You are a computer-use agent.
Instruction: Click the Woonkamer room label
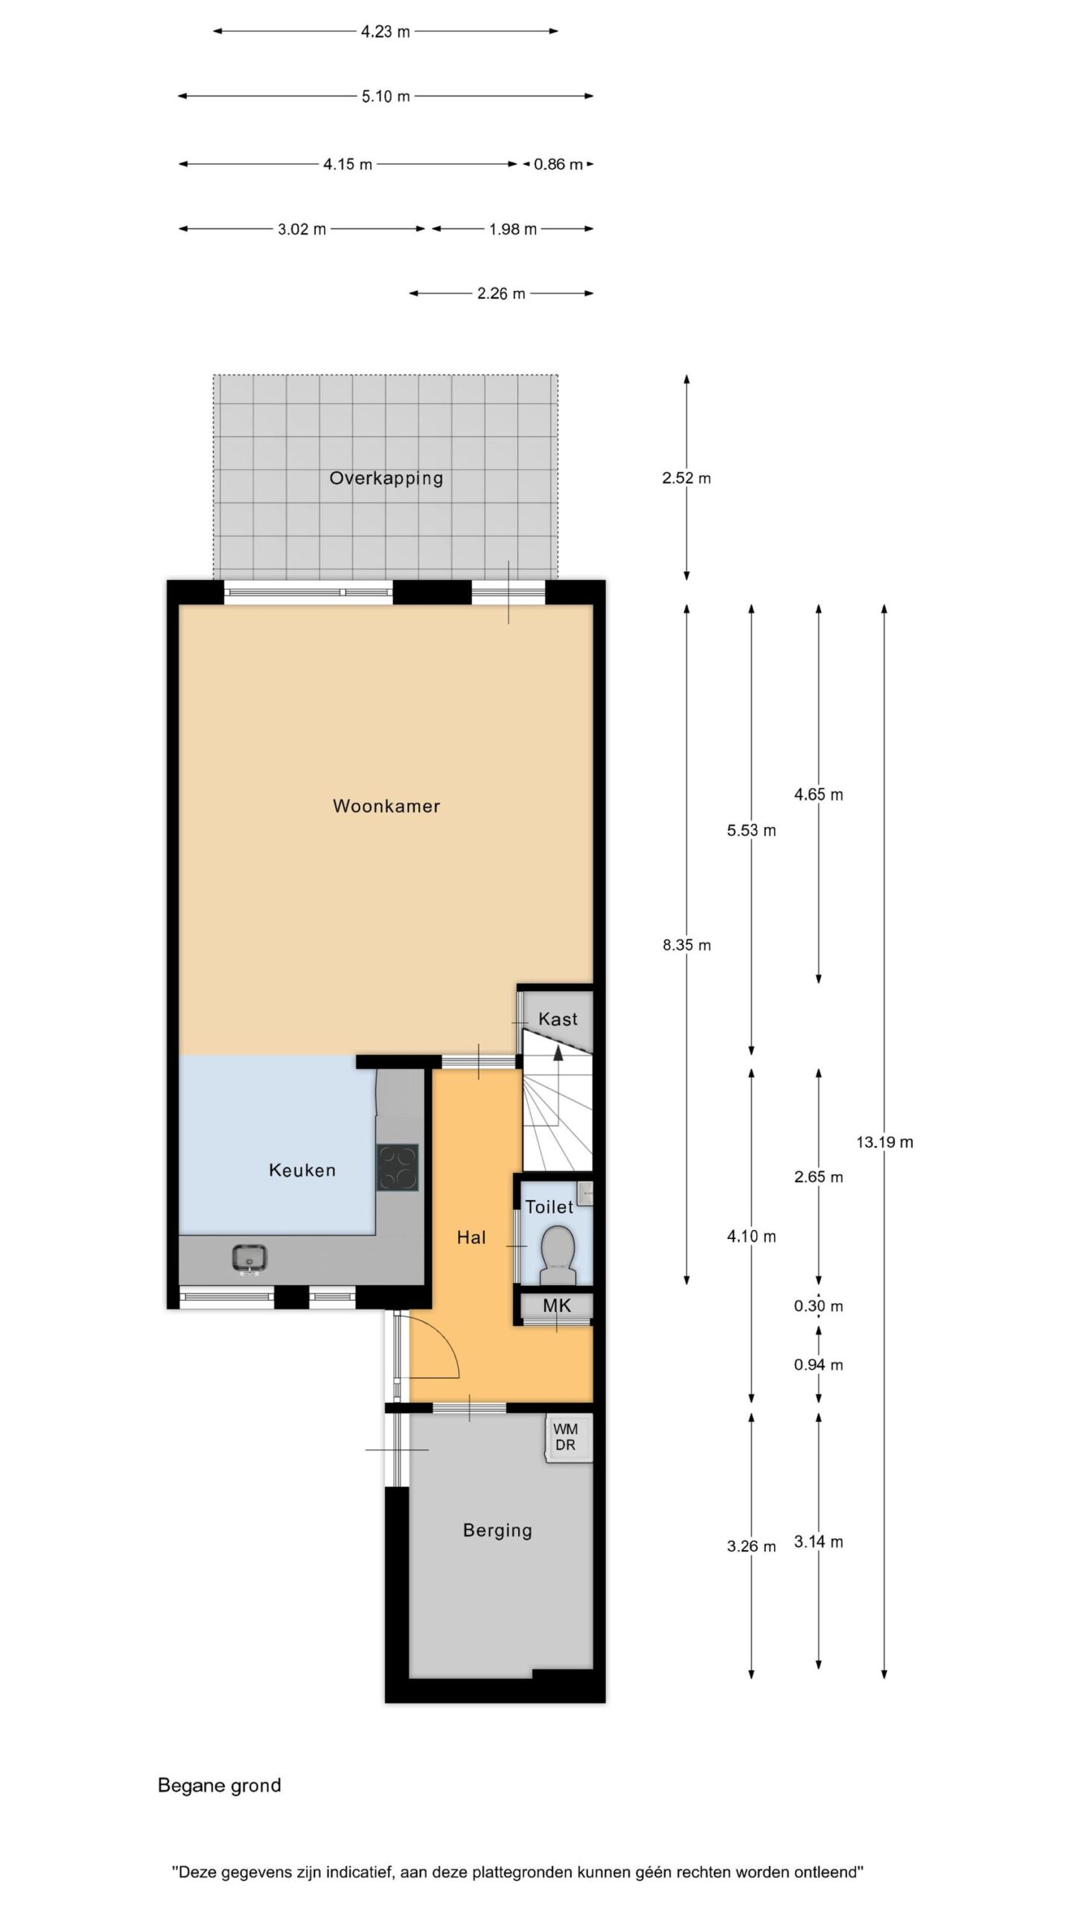tap(386, 806)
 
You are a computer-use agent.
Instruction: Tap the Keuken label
tap(302, 1170)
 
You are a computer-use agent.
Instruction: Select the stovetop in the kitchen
tap(397, 1167)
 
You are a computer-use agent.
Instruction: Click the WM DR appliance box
tap(569, 1437)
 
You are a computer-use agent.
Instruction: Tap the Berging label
tap(497, 1531)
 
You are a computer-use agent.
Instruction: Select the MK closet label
tap(557, 1304)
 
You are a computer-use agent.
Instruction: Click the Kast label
tap(558, 1019)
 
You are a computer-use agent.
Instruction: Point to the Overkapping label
tap(386, 478)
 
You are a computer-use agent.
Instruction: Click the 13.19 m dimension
tap(884, 1142)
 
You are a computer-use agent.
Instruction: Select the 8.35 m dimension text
tap(686, 946)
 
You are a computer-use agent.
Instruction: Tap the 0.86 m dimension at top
tap(558, 165)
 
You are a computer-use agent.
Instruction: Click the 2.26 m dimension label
tap(501, 294)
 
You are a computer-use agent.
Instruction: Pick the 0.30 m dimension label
tap(818, 1306)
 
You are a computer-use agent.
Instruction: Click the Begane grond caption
tap(220, 1785)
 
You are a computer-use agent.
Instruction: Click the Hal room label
tap(471, 1237)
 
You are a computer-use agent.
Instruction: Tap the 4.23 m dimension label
tap(386, 32)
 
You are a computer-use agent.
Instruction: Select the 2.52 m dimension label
tap(686, 478)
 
